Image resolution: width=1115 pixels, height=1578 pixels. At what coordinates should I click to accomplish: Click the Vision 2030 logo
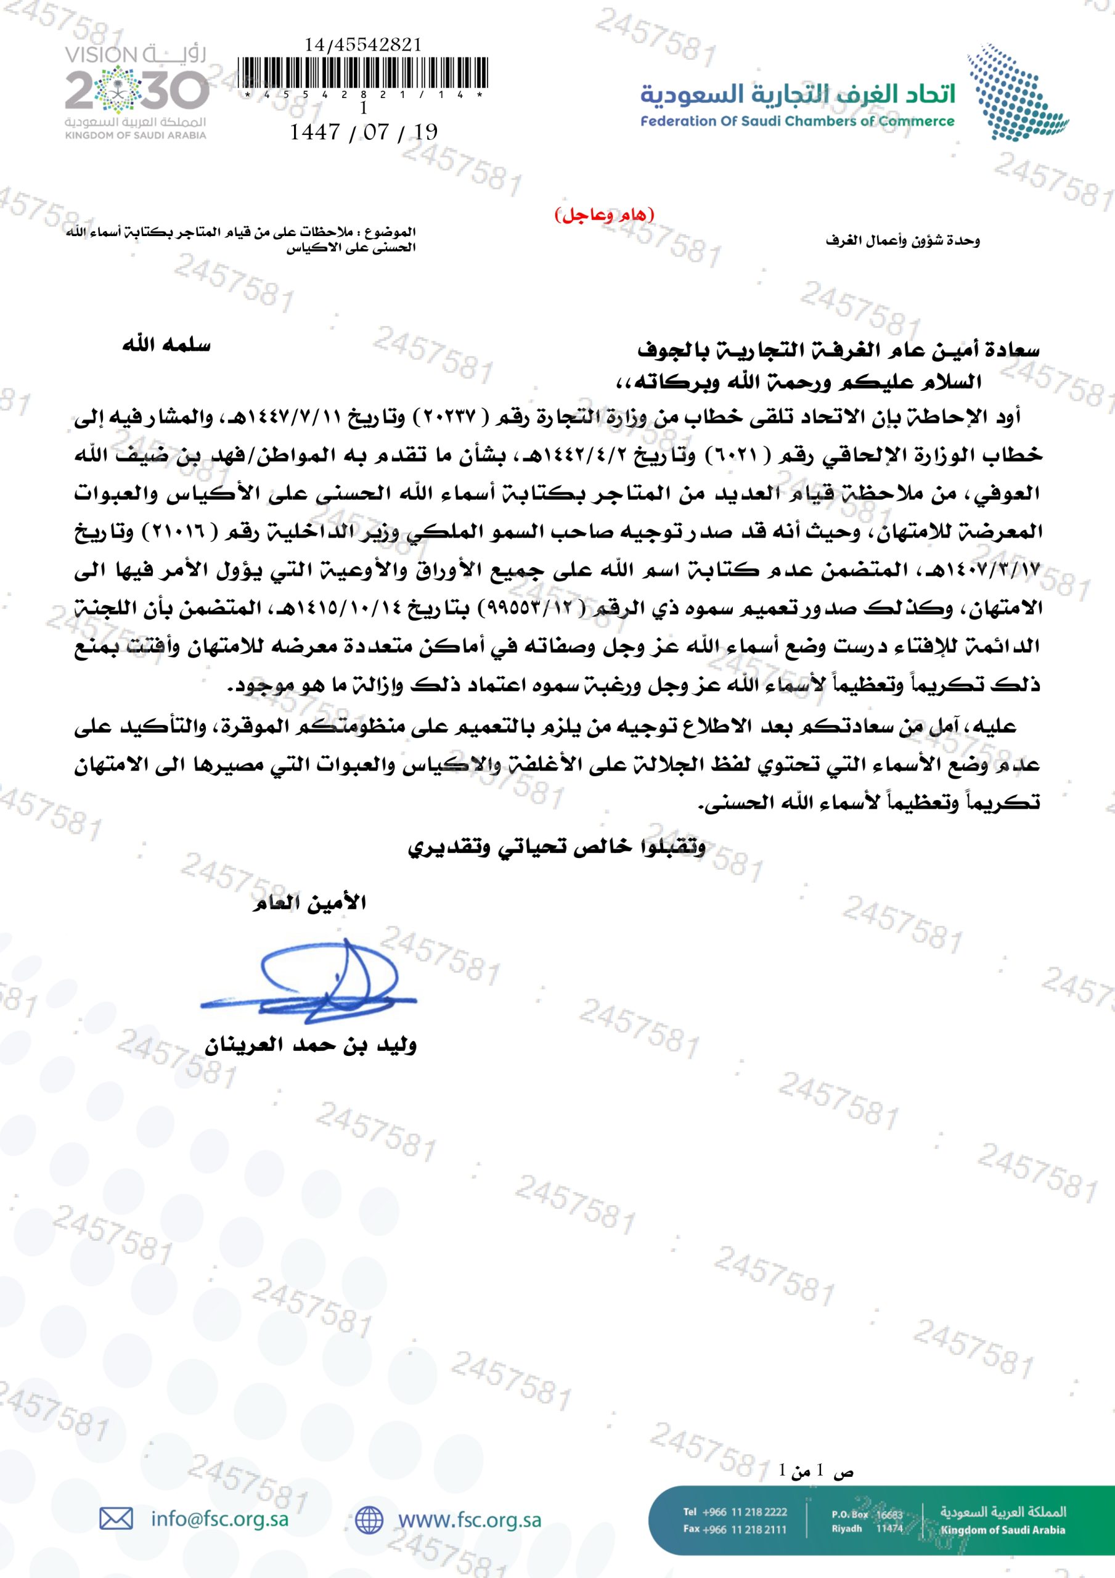pos(136,91)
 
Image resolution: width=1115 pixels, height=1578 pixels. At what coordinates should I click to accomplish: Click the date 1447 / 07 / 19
pos(363,132)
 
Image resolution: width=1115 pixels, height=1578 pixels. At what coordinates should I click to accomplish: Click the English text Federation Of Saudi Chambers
pos(797,121)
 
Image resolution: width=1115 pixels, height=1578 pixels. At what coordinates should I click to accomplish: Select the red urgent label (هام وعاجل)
pos(604,215)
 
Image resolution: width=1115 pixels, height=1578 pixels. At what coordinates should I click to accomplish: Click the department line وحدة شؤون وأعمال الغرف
pos(902,240)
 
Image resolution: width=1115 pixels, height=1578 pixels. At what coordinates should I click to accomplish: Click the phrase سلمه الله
pos(166,345)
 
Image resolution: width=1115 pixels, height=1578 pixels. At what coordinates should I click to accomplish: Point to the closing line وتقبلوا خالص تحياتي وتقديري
pos(556,848)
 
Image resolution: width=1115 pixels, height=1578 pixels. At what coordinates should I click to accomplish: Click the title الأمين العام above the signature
pos(309,903)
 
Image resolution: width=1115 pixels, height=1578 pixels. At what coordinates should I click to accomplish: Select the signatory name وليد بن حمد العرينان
pos(311,1045)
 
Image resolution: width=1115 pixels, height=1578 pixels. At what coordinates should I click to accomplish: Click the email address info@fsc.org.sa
pos(219,1519)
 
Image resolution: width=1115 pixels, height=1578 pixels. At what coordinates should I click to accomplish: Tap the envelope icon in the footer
pos(116,1519)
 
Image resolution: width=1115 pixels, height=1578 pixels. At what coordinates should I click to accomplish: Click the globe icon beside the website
pos(369,1519)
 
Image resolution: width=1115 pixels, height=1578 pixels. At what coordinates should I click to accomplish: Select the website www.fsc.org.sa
pos(470,1519)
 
